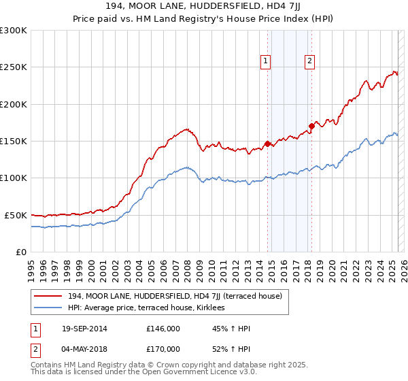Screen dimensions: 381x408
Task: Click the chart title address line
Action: click(203, 7)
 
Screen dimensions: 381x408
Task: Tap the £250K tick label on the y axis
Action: click(14, 67)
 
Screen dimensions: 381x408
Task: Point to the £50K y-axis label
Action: click(16, 215)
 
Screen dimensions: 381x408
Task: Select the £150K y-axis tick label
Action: click(14, 141)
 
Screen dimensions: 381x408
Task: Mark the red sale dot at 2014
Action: click(267, 144)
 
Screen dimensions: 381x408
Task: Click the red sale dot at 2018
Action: click(311, 126)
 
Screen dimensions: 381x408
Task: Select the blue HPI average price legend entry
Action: click(150, 308)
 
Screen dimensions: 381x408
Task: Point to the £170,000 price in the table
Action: click(163, 349)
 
